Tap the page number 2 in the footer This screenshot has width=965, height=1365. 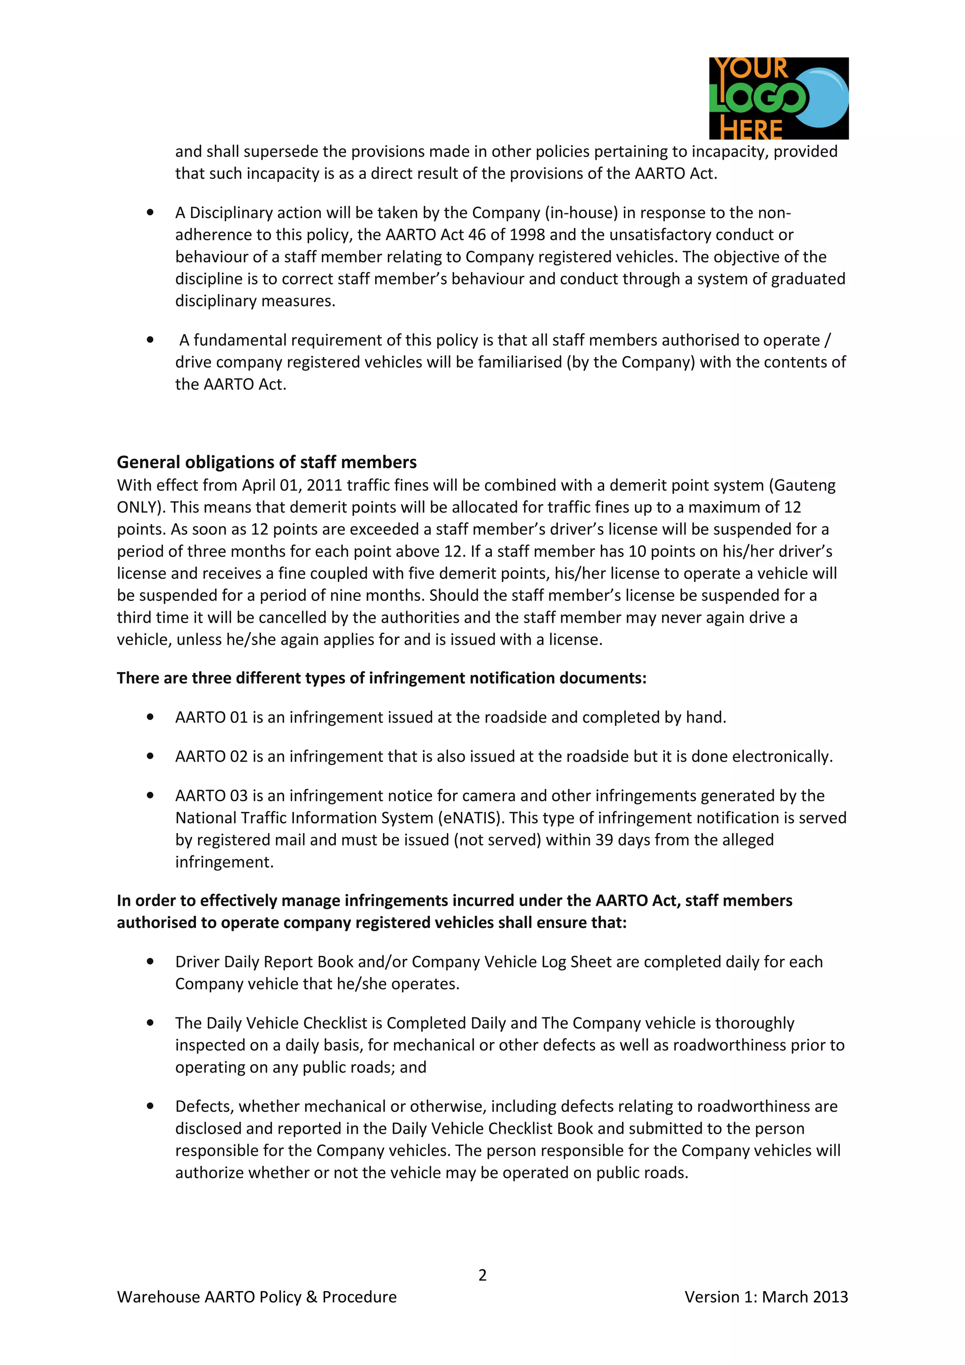tap(482, 1275)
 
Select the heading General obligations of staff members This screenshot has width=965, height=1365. tap(266, 462)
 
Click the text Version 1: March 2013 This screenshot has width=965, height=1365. tap(766, 1297)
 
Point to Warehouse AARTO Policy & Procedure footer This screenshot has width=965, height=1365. tap(256, 1297)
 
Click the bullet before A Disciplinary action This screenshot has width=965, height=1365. tap(150, 212)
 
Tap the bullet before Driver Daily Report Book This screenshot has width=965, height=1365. tap(150, 961)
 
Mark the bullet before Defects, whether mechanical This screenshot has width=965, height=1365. tap(150, 1106)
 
